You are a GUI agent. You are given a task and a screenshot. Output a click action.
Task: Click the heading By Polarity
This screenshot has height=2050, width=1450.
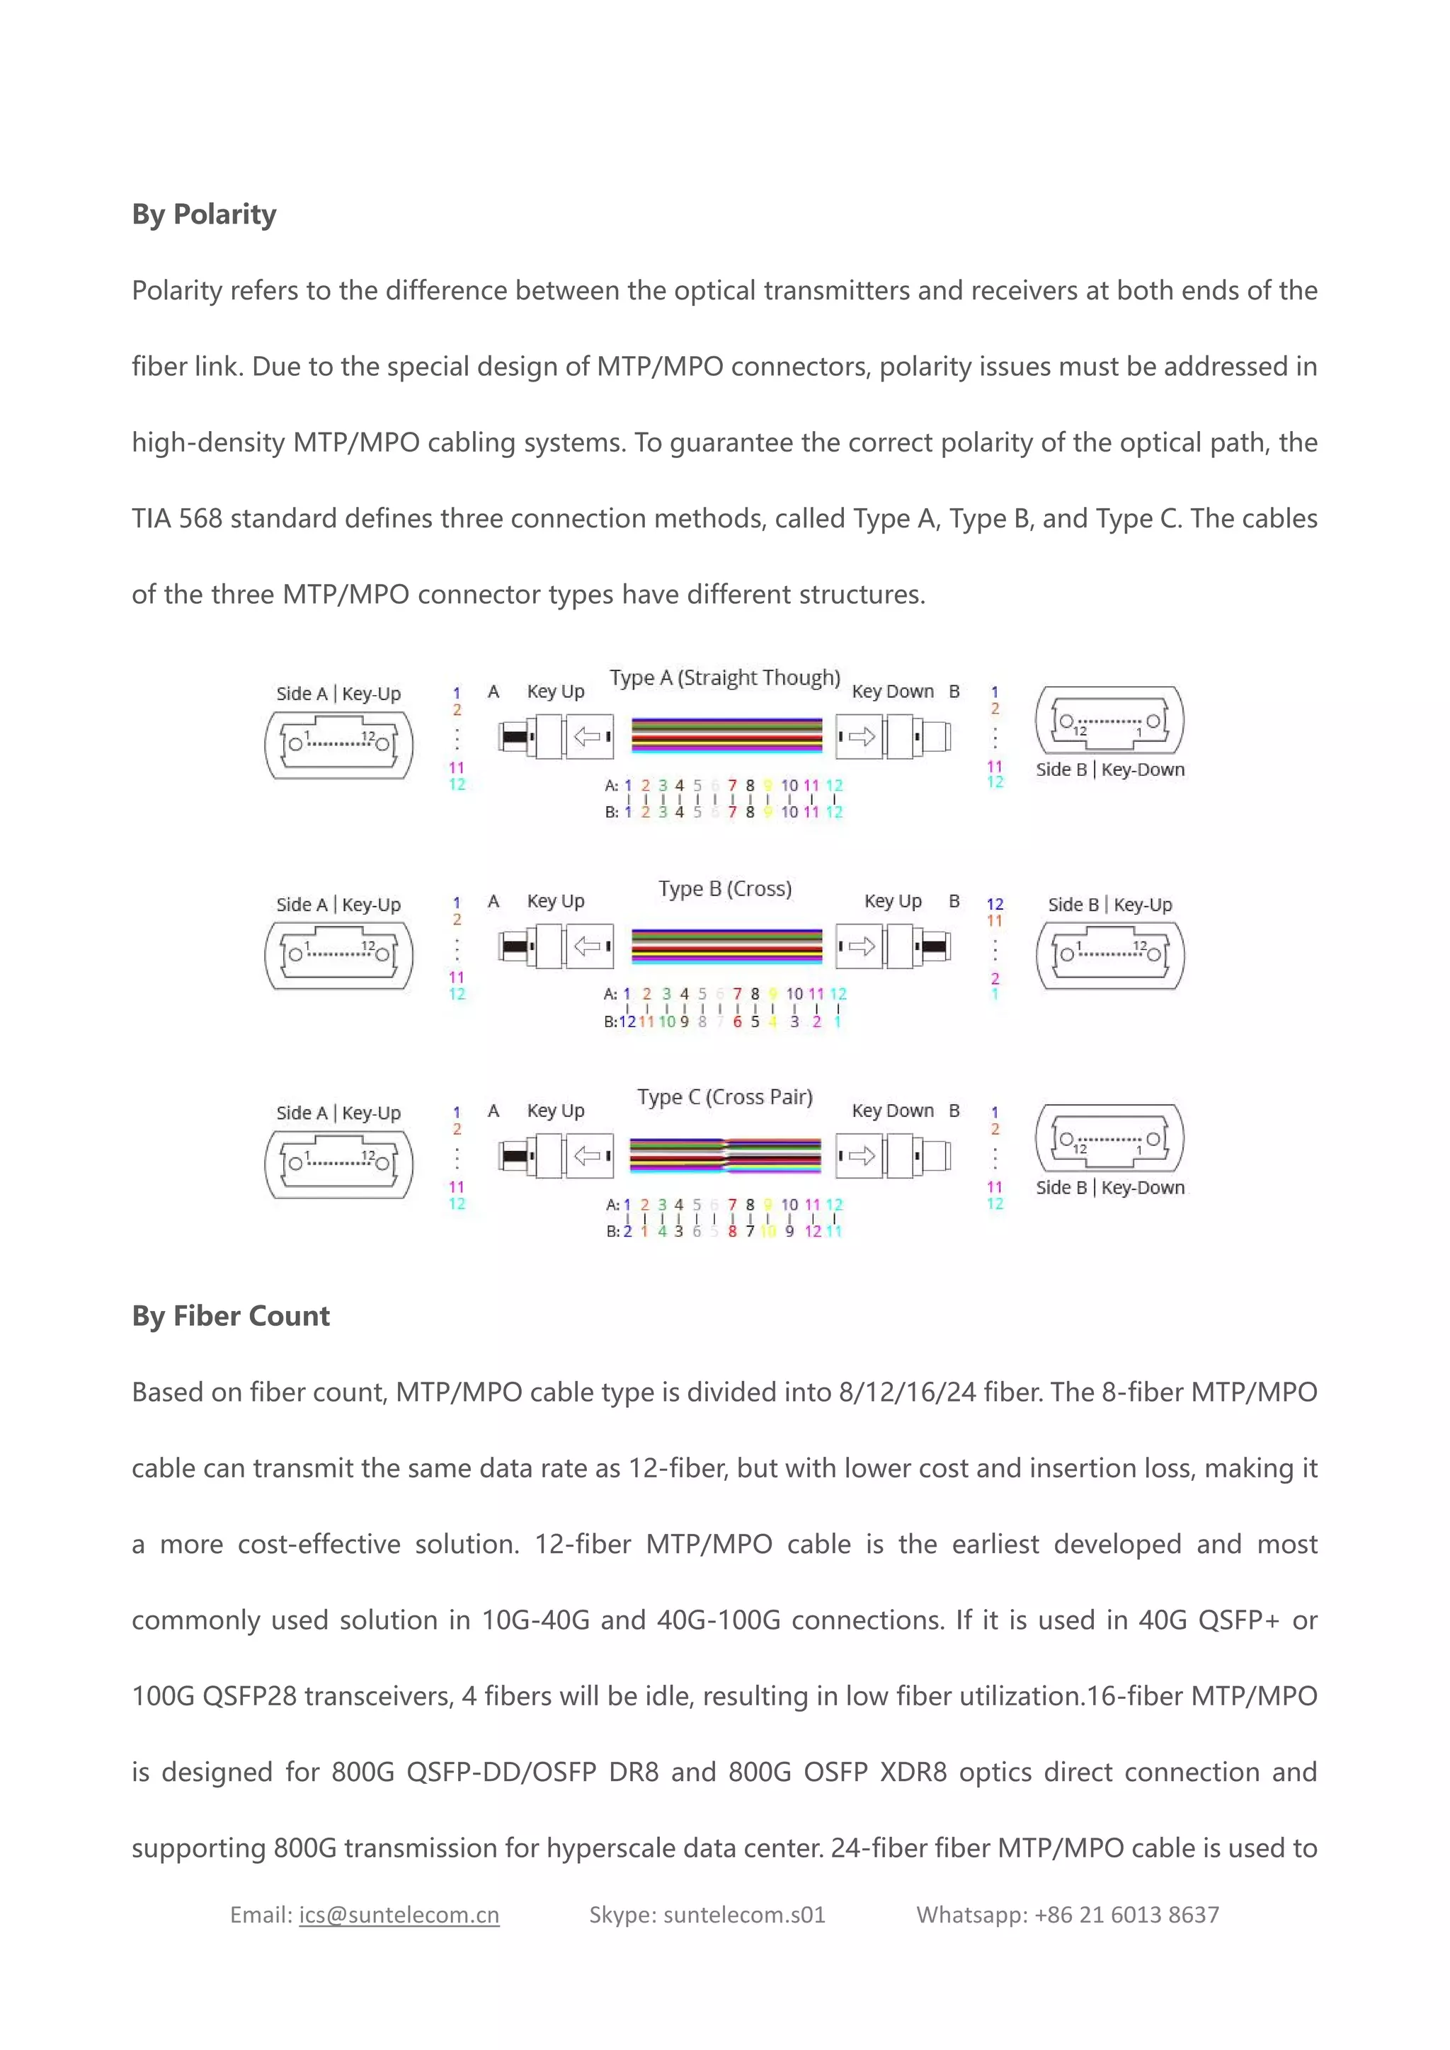204,214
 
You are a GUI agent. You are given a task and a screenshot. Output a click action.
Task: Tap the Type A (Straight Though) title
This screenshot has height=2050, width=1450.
724,677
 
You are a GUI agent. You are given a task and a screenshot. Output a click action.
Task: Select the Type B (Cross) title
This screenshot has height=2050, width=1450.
724,888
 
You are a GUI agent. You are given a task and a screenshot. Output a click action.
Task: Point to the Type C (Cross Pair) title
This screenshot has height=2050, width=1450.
724,1097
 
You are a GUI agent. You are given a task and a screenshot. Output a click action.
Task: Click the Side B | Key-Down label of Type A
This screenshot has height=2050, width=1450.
1110,769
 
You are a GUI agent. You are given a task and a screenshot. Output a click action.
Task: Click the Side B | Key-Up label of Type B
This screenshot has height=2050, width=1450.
1110,905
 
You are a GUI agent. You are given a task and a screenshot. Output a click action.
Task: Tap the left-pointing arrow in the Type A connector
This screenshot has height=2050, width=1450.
587,737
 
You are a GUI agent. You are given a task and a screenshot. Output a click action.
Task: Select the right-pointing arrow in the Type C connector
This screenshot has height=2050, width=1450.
862,1156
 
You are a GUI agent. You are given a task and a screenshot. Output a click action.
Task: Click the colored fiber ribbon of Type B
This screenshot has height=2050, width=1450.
726,946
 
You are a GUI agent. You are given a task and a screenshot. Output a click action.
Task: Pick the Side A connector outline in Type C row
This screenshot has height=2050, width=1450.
339,1164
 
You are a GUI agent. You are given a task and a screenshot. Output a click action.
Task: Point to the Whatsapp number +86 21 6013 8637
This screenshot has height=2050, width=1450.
1126,1914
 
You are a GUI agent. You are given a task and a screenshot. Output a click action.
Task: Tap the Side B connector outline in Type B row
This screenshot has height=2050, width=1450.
1110,956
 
